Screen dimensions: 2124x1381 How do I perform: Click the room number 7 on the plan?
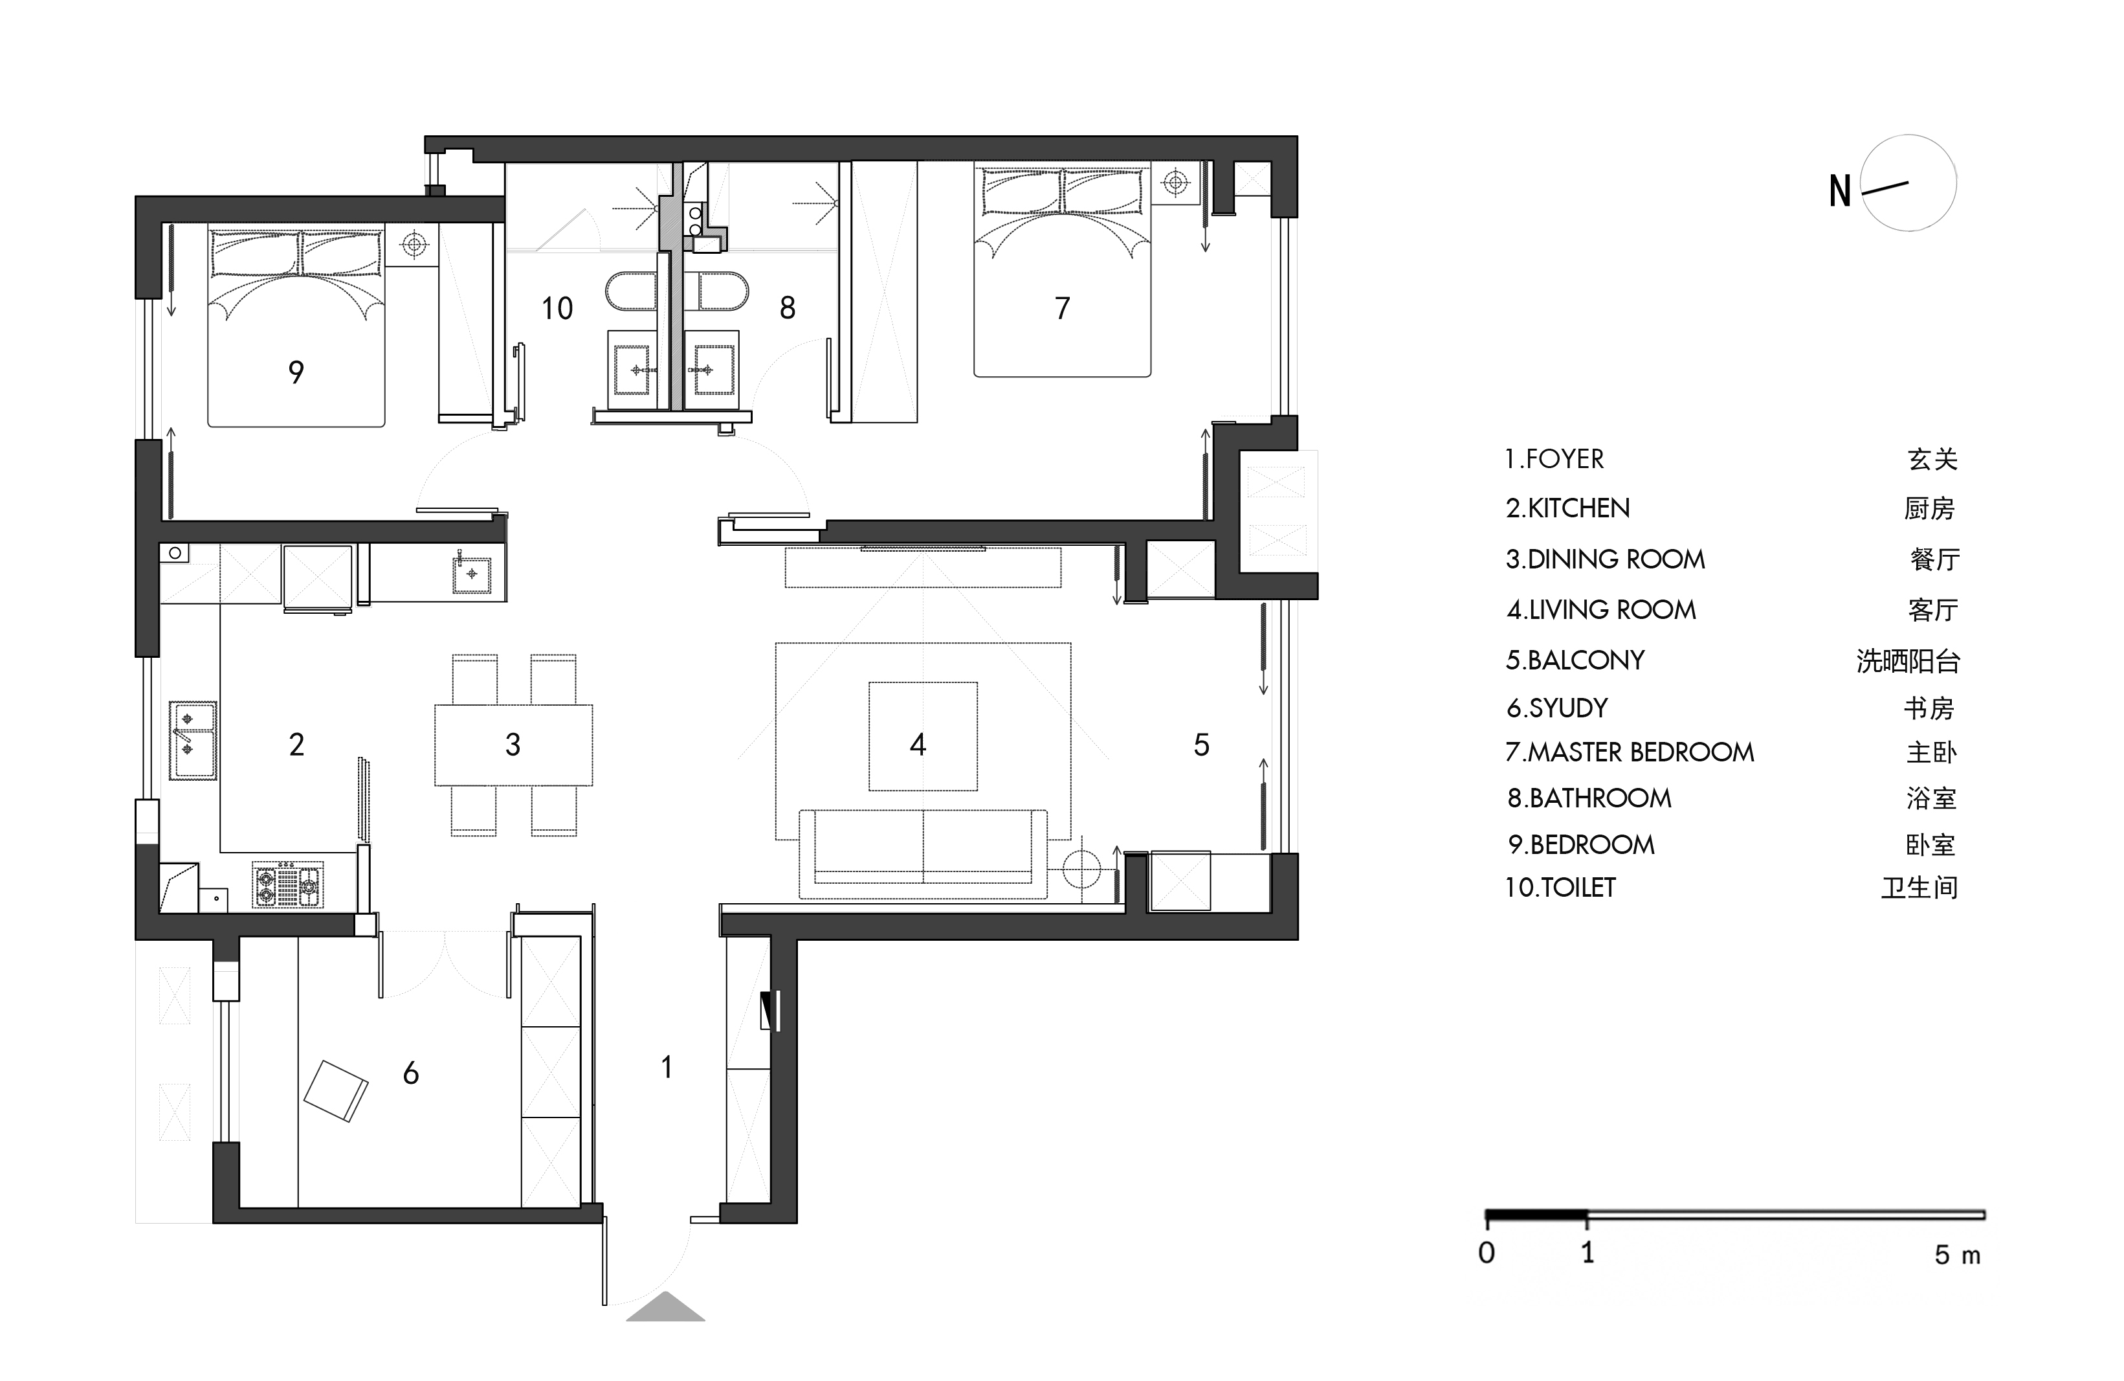pyautogui.click(x=1062, y=308)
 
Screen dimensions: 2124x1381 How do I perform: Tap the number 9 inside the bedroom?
pyautogui.click(x=296, y=372)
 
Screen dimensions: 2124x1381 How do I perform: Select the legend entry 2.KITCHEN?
pyautogui.click(x=1567, y=508)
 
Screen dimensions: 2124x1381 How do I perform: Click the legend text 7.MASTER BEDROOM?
pyautogui.click(x=1630, y=752)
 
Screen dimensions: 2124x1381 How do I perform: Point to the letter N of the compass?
pyautogui.click(x=1839, y=191)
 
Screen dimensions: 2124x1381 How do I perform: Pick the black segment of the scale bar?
pyautogui.click(x=1536, y=1215)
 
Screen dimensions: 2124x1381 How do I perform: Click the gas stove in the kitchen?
pyautogui.click(x=287, y=884)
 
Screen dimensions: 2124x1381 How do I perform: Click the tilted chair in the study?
pyautogui.click(x=336, y=1090)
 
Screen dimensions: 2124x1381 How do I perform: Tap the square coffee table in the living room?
pyautogui.click(x=923, y=737)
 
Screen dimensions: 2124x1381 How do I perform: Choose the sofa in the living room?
pyautogui.click(x=923, y=853)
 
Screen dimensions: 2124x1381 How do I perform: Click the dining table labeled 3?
pyautogui.click(x=513, y=745)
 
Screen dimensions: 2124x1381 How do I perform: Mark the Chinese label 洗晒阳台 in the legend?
pyautogui.click(x=1908, y=660)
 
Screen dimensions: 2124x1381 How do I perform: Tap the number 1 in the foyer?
pyautogui.click(x=667, y=1067)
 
